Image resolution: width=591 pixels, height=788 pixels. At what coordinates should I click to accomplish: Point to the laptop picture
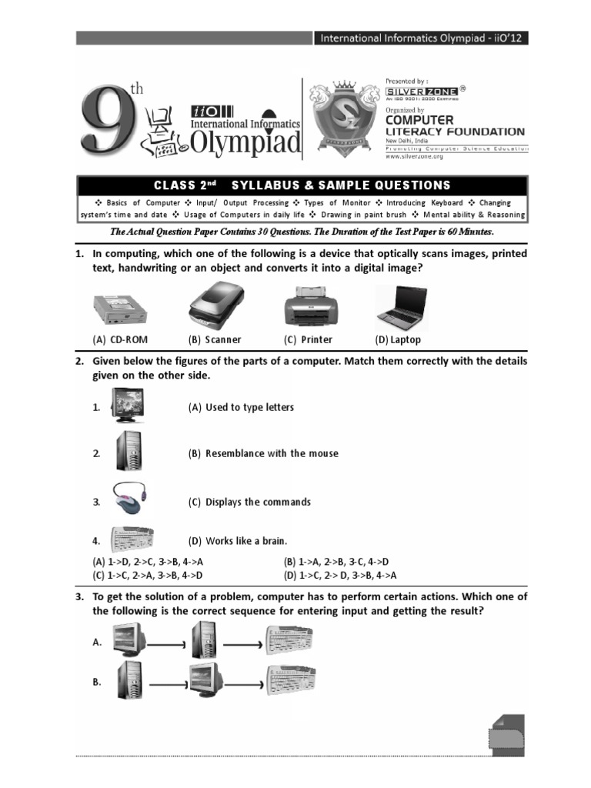coord(402,309)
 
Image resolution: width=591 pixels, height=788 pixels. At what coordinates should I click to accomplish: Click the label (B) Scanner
coord(215,339)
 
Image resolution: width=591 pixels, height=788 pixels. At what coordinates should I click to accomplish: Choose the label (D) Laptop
coord(398,339)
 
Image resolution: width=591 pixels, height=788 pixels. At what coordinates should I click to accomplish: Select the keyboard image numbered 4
coord(132,539)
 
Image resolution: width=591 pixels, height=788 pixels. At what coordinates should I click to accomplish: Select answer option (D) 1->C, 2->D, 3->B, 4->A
coord(340,575)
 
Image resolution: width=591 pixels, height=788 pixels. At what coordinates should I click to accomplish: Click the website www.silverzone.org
coord(415,156)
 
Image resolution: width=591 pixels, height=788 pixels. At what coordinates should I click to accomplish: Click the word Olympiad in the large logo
coord(245,141)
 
